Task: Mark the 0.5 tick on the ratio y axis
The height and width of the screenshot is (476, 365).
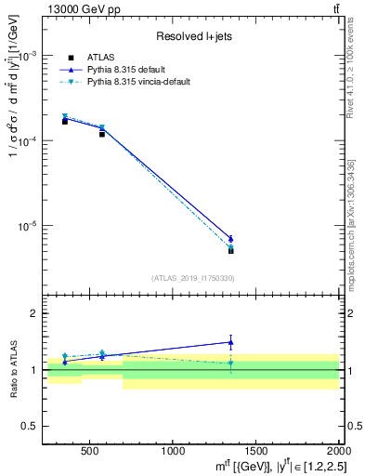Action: (x=35, y=427)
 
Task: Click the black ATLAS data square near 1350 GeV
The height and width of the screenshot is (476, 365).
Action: (x=231, y=250)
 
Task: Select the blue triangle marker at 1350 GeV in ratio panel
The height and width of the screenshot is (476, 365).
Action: (x=231, y=342)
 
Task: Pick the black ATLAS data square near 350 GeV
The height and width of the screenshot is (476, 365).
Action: (x=65, y=122)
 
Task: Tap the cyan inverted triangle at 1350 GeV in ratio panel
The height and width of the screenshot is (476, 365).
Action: (x=231, y=364)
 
